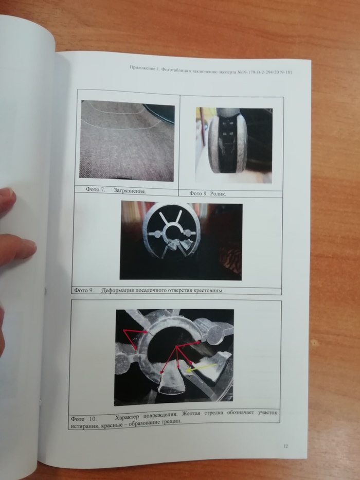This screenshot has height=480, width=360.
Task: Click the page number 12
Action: [x=285, y=446]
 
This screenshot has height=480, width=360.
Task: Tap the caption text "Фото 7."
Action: [x=96, y=189]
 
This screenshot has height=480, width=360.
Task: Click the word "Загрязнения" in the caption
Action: [x=130, y=191]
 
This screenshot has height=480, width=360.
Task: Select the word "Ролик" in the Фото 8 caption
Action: [x=218, y=193]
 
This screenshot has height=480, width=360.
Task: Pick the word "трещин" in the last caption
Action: [x=172, y=422]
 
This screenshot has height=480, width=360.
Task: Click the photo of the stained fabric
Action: [x=127, y=141]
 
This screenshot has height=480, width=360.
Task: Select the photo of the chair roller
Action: [x=234, y=146]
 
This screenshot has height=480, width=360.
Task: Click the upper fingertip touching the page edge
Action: [x=8, y=199]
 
